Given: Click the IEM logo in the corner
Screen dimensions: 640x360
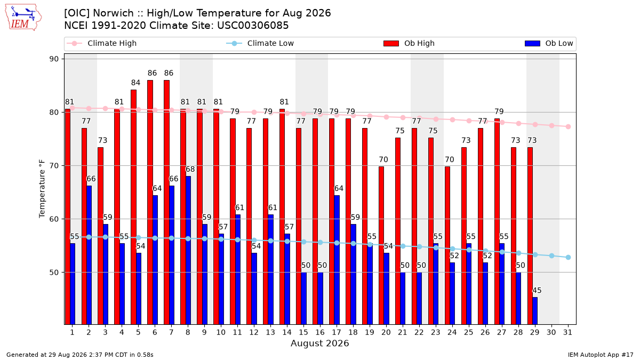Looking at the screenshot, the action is tap(23, 18).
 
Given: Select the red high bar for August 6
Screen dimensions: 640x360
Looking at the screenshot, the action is tap(150, 202).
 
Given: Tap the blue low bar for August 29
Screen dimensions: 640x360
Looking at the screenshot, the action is tap(535, 311).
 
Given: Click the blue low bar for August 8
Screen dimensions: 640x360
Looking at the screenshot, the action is tap(188, 250).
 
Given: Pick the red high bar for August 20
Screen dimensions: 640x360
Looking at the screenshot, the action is tap(381, 245).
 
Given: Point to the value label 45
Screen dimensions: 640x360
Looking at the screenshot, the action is tap(537, 291).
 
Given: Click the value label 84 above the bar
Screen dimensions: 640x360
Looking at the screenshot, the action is tap(135, 83).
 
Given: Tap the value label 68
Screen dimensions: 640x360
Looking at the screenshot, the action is tap(190, 170).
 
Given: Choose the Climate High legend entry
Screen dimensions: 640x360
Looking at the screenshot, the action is tap(101, 43).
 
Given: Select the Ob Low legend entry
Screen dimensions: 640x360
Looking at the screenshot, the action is tap(549, 43).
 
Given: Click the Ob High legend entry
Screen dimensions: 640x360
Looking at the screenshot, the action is tap(409, 43).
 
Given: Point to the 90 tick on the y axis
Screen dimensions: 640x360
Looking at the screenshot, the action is tap(54, 59).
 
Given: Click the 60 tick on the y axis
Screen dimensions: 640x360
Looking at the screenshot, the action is tap(54, 219).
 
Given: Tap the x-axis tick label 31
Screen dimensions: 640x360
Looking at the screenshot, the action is tap(567, 333).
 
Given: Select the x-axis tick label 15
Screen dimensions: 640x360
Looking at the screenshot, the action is tap(303, 333).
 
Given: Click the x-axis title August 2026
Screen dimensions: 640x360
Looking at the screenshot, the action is tap(319, 343).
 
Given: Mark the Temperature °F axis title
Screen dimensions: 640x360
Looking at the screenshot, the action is tap(42, 189).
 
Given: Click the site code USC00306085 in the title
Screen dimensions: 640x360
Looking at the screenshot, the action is tap(253, 26).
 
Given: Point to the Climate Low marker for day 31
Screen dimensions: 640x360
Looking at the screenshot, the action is tap(569, 258).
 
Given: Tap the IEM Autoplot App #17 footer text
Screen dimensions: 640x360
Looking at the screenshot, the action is tap(601, 355).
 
